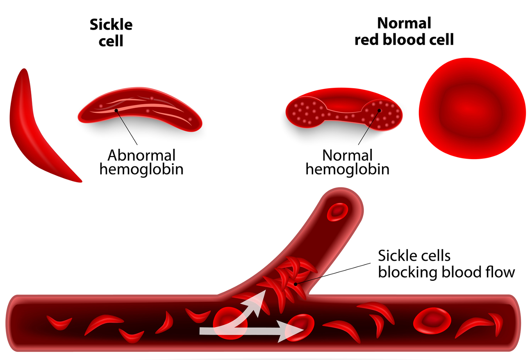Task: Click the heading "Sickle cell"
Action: (x=111, y=32)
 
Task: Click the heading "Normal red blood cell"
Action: (x=404, y=31)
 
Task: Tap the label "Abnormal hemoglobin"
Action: (x=141, y=162)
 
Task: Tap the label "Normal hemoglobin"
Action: (x=348, y=162)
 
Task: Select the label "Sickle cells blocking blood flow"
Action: (x=446, y=264)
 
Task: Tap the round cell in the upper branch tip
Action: (x=337, y=212)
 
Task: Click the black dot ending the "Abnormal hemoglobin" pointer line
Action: (x=116, y=110)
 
